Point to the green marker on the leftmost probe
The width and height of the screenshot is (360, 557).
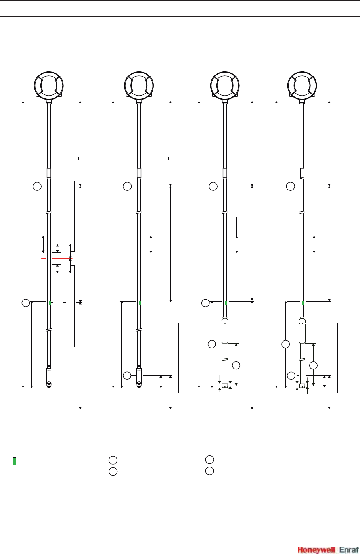point(50,303)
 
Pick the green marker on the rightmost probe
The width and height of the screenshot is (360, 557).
point(303,303)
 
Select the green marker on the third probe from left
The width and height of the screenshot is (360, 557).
point(226,303)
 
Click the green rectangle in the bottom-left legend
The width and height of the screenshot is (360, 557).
point(14,461)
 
